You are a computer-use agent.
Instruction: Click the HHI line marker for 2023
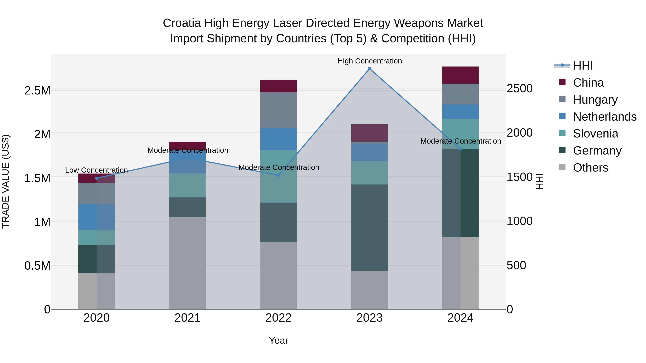pyautogui.click(x=369, y=69)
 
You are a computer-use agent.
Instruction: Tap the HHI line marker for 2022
pyautogui.click(x=278, y=175)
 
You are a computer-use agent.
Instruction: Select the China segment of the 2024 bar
pyautogui.click(x=460, y=75)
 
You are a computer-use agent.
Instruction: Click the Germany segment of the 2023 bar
pyautogui.click(x=369, y=227)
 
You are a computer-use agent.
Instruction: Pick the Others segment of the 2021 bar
pyautogui.click(x=188, y=263)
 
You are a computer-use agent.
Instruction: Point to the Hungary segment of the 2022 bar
pyautogui.click(x=278, y=110)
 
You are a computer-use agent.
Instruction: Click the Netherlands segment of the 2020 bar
pyautogui.click(x=97, y=217)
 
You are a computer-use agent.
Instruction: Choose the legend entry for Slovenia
pyautogui.click(x=595, y=134)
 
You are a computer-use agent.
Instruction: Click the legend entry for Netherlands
pyautogui.click(x=604, y=117)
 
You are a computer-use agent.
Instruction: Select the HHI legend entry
pyautogui.click(x=583, y=66)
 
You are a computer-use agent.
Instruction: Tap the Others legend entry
pyautogui.click(x=590, y=168)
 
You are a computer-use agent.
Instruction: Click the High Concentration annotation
pyautogui.click(x=369, y=61)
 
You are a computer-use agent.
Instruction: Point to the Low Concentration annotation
pyautogui.click(x=97, y=170)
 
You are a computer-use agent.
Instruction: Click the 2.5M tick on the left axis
pyautogui.click(x=37, y=91)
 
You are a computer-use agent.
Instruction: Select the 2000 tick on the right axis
pyautogui.click(x=519, y=133)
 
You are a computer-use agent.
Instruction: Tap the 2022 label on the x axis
pyautogui.click(x=278, y=318)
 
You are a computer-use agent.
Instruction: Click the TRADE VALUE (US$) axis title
pyautogui.click(x=6, y=181)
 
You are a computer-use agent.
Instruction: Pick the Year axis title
pyautogui.click(x=278, y=340)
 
